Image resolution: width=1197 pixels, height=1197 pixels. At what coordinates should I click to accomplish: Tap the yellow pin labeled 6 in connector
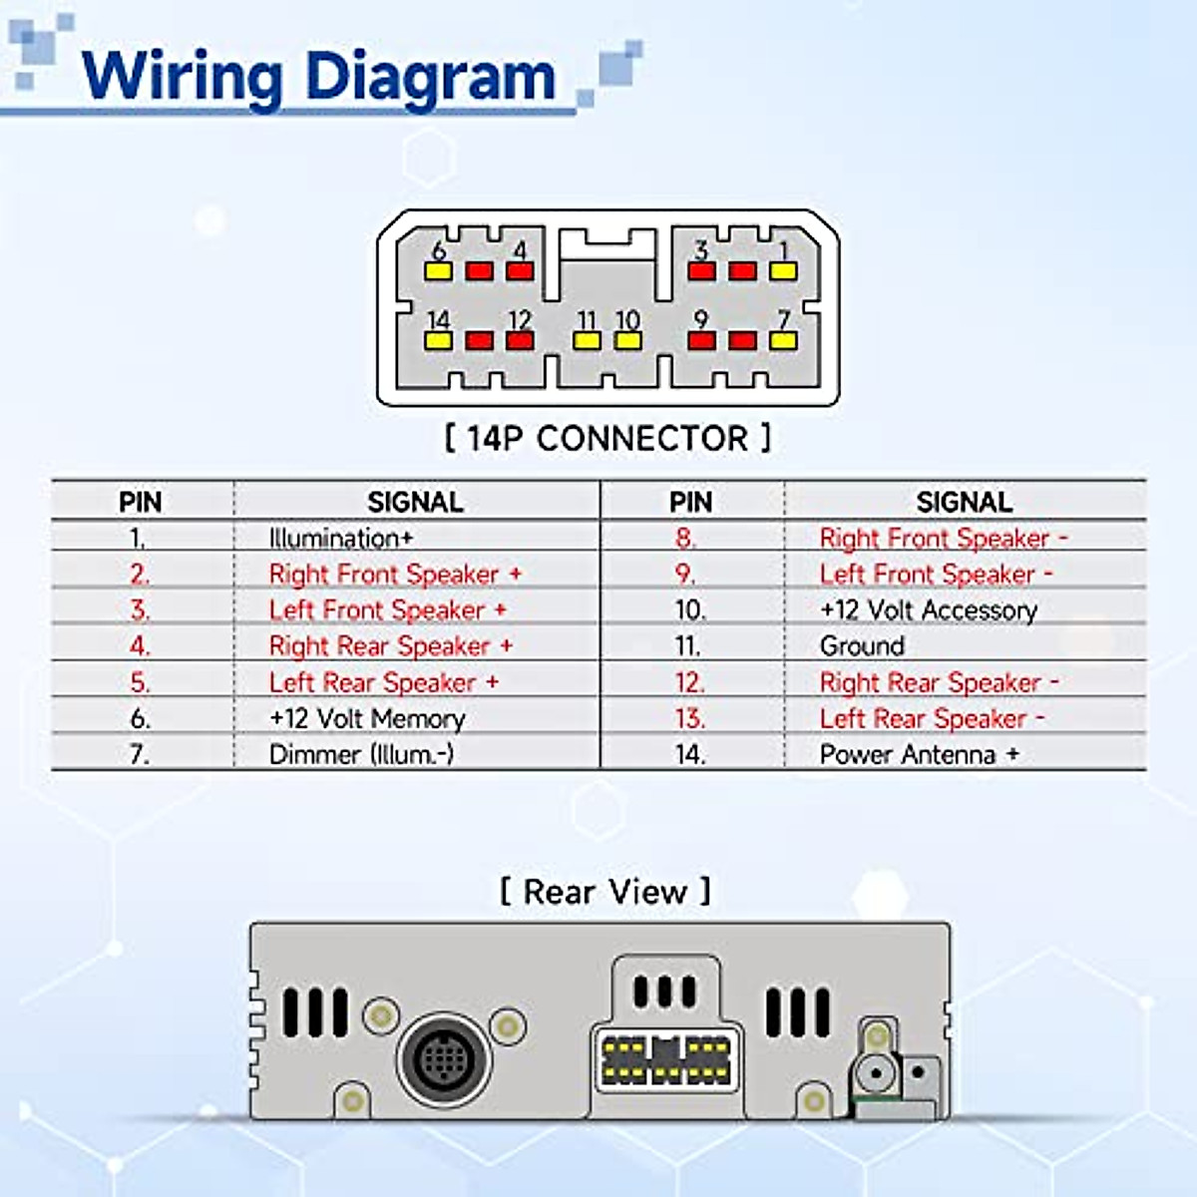(x=439, y=270)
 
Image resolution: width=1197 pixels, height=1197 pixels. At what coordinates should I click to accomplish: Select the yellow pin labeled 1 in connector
(x=783, y=270)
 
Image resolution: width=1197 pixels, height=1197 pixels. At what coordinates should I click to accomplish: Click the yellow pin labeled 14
(x=439, y=340)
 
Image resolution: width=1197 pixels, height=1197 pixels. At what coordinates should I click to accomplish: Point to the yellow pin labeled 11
(x=587, y=340)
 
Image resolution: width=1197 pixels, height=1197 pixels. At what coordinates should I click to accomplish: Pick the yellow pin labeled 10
(x=627, y=340)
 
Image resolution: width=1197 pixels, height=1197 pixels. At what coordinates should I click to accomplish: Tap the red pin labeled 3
(x=702, y=270)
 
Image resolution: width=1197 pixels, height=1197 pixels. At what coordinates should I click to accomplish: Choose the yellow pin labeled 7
(x=783, y=340)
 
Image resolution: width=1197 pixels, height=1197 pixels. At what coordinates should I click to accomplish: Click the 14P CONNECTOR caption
(x=607, y=438)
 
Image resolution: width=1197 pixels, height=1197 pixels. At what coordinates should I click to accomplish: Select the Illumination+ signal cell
(x=340, y=539)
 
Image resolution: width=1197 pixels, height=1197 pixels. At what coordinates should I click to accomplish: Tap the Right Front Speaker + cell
(x=395, y=575)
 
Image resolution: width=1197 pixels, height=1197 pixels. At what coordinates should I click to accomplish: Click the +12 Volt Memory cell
(x=367, y=718)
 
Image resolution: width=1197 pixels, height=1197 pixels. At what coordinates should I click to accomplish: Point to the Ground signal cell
(x=862, y=646)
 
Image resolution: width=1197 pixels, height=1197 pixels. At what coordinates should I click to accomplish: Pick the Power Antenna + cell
(x=919, y=754)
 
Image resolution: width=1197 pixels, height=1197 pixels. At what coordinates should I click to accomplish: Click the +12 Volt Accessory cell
(x=928, y=610)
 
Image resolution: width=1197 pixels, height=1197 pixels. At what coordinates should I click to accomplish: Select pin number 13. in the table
(x=689, y=718)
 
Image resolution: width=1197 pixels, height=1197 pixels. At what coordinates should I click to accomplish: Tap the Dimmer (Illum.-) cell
(x=361, y=754)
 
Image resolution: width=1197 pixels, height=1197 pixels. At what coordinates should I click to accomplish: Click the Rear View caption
(x=605, y=891)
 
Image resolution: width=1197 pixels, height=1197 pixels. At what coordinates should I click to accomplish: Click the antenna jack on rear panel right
(x=875, y=1075)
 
